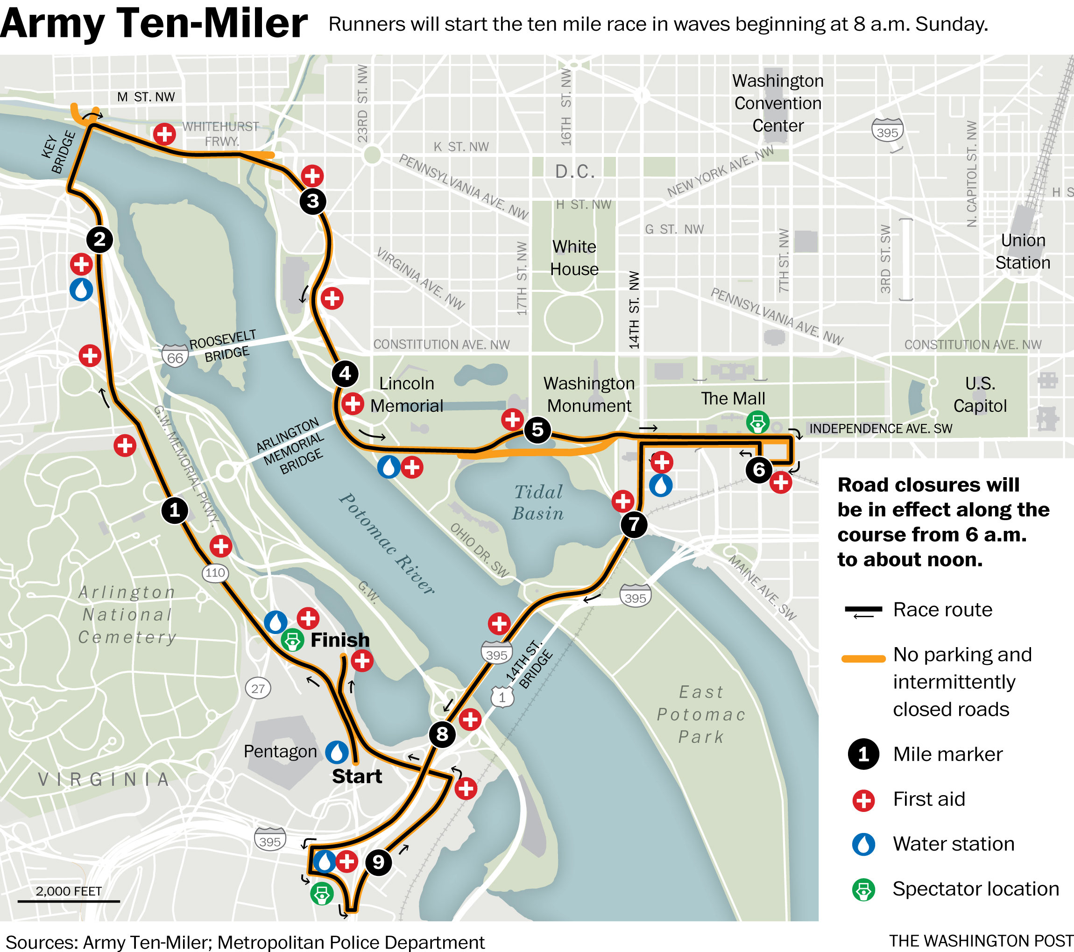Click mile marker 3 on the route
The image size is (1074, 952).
313,201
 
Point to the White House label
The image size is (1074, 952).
574,258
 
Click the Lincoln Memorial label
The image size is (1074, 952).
407,395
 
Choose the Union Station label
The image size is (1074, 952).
1023,251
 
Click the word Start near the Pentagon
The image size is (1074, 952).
357,776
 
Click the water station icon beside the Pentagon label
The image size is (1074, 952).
337,752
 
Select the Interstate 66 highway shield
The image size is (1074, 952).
175,357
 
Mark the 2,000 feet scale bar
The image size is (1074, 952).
69,901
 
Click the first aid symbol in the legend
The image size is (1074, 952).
863,800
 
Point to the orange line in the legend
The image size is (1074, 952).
863,659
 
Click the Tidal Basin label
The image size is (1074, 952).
538,502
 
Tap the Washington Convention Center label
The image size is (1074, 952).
777,103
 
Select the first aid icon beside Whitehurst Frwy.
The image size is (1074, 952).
164,134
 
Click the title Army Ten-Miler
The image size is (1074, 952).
154,23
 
